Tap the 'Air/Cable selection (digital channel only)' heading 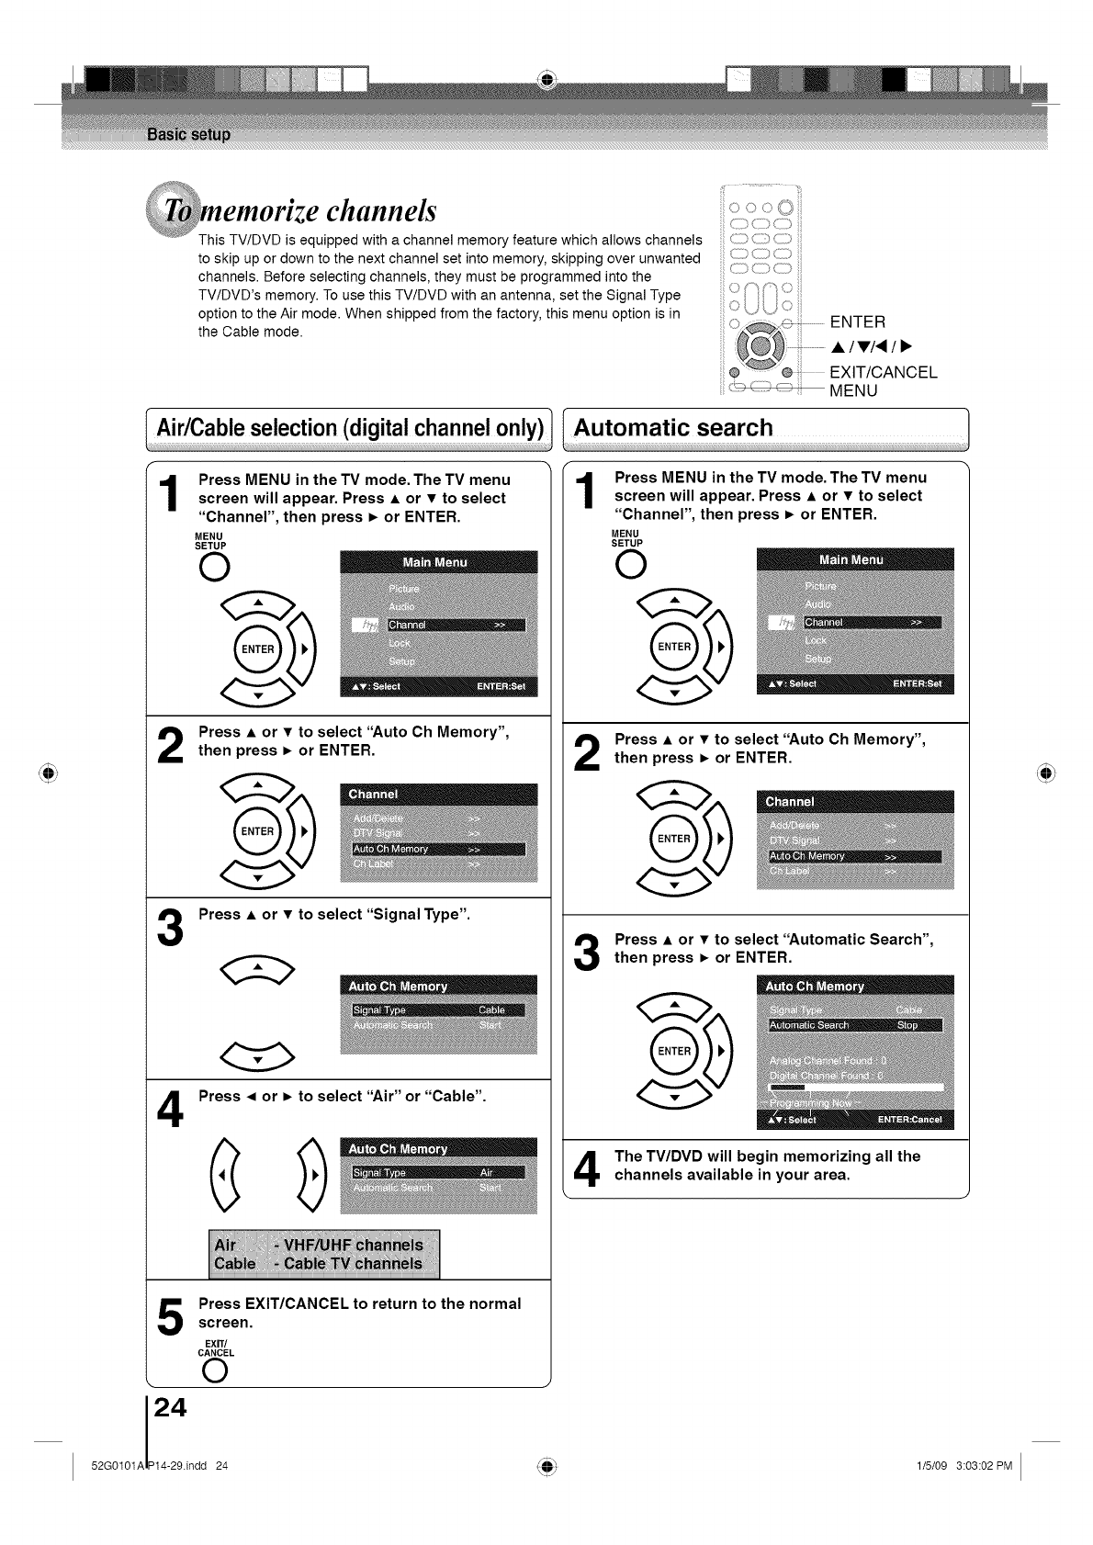tap(350, 429)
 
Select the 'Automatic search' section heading tap(673, 428)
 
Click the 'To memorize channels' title tap(294, 210)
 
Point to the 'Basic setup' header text tap(188, 135)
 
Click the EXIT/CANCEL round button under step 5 tap(215, 1370)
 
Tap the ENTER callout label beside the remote tap(857, 321)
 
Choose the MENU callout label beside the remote tap(853, 390)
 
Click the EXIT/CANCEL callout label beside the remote tap(883, 372)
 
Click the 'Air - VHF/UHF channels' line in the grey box tap(319, 1245)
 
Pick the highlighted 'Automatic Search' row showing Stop tap(854, 1025)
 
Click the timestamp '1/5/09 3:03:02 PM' tap(958, 1465)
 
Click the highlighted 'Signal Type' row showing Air tap(437, 1172)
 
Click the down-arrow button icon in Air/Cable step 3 tap(258, 1059)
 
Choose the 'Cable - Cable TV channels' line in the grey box tap(319, 1264)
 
